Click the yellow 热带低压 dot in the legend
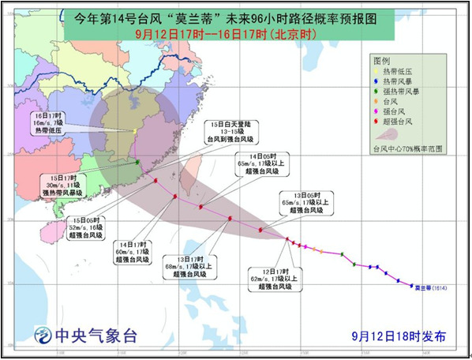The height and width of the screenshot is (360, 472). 377,71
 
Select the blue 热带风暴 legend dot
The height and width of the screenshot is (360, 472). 377,81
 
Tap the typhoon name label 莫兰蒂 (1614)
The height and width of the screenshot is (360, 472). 429,287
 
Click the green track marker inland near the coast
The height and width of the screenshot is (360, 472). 137,163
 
